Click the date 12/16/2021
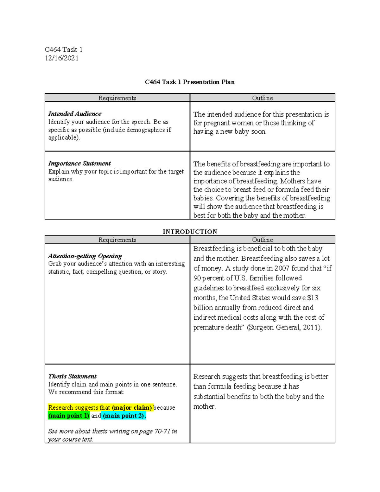point(61,58)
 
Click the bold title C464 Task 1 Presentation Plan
point(190,82)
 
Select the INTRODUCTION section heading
point(190,232)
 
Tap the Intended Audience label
point(75,114)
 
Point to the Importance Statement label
point(79,163)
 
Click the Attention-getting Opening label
point(85,256)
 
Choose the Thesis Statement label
point(72,376)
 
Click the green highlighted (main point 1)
point(69,416)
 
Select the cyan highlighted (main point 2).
point(124,416)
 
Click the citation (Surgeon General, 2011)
point(284,328)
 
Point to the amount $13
point(313,298)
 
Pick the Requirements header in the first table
point(117,98)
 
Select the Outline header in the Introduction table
point(262,240)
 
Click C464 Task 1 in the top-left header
point(64,49)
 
